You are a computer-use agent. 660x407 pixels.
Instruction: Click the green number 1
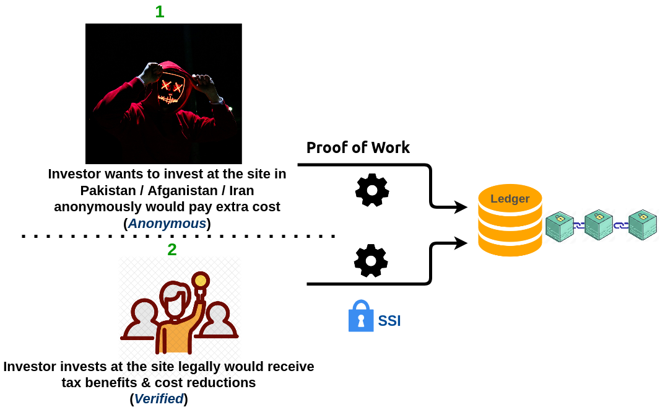pos(160,11)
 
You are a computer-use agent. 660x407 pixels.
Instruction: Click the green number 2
pos(172,249)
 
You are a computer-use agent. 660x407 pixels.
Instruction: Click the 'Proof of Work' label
pos(358,147)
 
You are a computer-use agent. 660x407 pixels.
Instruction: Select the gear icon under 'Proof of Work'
pos(372,190)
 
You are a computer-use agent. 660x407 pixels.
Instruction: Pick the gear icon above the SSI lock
pos(371,261)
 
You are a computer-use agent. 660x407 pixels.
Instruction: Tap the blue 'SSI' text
pos(389,321)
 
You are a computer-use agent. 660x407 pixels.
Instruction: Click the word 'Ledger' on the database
pos(510,199)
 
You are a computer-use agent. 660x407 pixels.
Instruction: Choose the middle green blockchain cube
pos(599,224)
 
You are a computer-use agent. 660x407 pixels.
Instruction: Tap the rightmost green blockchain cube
pos(643,224)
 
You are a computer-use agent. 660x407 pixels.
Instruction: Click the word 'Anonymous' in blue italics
pos(167,224)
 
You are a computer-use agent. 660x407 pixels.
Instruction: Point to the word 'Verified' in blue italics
pos(159,399)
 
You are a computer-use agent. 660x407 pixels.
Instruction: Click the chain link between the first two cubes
pos(579,225)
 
